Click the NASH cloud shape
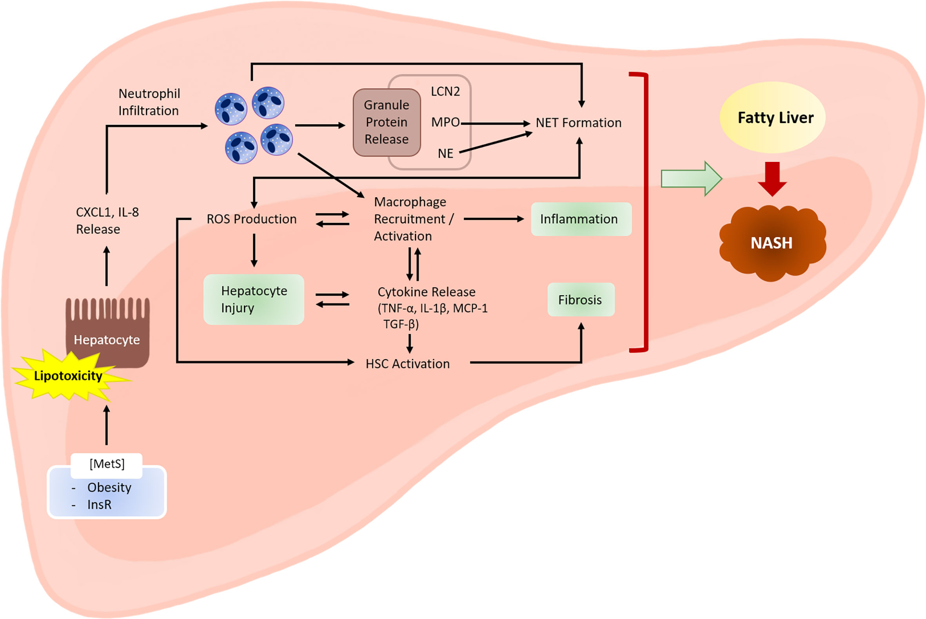click(x=772, y=243)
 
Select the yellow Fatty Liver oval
click(x=772, y=117)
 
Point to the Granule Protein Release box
click(x=387, y=122)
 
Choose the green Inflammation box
click(x=581, y=219)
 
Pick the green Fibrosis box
click(x=581, y=300)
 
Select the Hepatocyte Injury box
click(x=254, y=299)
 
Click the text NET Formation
click(x=579, y=123)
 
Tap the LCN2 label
click(x=445, y=92)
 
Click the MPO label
click(x=445, y=122)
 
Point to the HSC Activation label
click(x=408, y=363)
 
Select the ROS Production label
click(x=251, y=219)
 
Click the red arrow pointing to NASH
click(x=772, y=179)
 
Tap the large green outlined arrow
click(x=692, y=179)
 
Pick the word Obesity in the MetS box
click(x=109, y=488)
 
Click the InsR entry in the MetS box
click(x=100, y=505)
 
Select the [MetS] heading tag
click(x=107, y=464)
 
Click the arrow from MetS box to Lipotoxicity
click(x=107, y=425)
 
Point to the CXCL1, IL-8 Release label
click(x=107, y=221)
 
